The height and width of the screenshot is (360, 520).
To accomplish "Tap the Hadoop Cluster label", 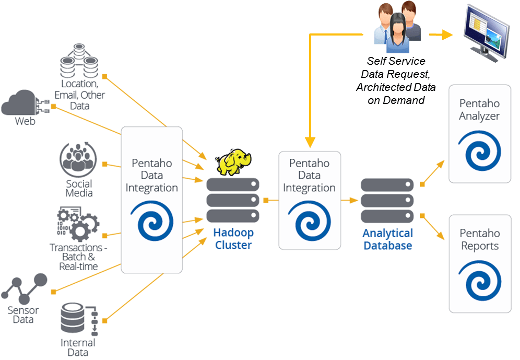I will click(x=233, y=239).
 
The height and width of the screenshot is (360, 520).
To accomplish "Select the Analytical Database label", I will click(x=387, y=239).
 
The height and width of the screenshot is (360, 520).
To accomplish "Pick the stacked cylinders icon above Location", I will click(x=79, y=61).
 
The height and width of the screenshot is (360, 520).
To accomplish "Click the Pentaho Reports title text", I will click(x=479, y=239).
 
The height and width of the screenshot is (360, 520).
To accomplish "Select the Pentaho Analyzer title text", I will click(x=479, y=110).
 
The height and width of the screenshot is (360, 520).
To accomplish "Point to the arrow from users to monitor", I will click(x=441, y=35).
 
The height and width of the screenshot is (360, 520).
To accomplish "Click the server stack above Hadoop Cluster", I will click(x=233, y=200).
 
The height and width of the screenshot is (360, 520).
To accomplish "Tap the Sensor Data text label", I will click(x=23, y=315).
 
